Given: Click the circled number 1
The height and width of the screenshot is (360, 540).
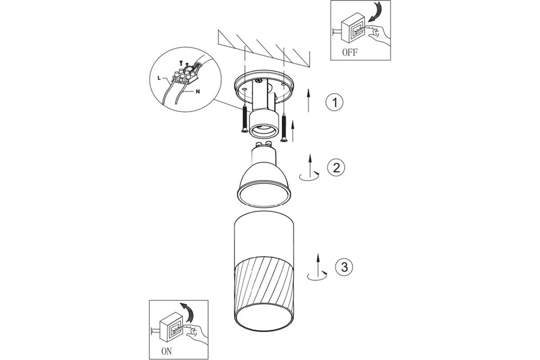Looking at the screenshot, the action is (x=334, y=102).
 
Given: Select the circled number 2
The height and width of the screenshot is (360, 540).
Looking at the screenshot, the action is (x=336, y=167).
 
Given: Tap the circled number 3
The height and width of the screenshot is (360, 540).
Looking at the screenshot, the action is (x=344, y=267).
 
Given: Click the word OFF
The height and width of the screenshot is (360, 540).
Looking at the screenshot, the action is (x=350, y=52).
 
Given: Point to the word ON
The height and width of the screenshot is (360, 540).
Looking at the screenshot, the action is (x=166, y=351).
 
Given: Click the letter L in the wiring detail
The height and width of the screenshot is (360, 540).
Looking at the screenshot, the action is (x=159, y=78).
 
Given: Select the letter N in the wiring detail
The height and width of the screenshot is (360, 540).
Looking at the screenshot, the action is (x=198, y=92).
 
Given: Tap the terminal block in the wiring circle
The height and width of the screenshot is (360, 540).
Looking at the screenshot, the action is (x=185, y=76).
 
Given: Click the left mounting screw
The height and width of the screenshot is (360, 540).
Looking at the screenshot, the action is (x=245, y=118).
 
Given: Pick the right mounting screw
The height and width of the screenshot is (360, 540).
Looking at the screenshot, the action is (x=284, y=128).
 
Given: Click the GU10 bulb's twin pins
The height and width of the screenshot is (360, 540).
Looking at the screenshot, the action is (x=264, y=144).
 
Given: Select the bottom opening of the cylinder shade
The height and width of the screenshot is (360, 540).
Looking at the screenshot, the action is (x=264, y=317).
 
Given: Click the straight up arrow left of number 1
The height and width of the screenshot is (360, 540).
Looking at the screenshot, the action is (x=308, y=100).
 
